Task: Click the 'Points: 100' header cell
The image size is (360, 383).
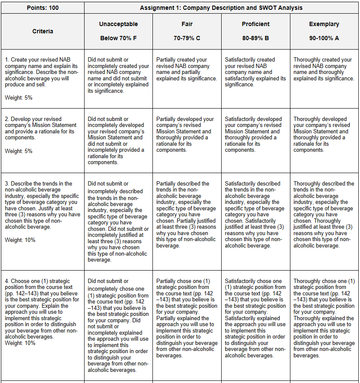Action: tap(42, 8)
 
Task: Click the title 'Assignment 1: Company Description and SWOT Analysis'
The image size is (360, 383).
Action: tap(221, 8)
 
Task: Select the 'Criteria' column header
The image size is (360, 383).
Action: tap(43, 31)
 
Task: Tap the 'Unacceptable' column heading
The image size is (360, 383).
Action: tap(118, 24)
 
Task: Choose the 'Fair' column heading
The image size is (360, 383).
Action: tap(187, 24)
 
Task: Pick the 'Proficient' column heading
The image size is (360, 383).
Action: tap(255, 24)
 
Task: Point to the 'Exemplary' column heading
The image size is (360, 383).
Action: tap(324, 24)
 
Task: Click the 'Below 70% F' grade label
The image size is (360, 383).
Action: tap(118, 38)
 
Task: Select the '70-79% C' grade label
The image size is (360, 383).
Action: tap(187, 38)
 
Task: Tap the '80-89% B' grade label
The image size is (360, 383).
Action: tap(255, 38)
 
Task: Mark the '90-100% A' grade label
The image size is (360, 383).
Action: tap(324, 38)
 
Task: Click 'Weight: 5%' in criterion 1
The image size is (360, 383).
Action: tap(18, 98)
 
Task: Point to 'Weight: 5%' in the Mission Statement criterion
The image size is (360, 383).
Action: tap(18, 151)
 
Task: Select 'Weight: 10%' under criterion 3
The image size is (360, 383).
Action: tap(20, 240)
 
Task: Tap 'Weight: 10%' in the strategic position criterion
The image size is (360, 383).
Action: tap(20, 343)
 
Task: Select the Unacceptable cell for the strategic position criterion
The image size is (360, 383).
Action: tap(118, 325)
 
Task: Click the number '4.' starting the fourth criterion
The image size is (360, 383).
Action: tap(7, 281)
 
